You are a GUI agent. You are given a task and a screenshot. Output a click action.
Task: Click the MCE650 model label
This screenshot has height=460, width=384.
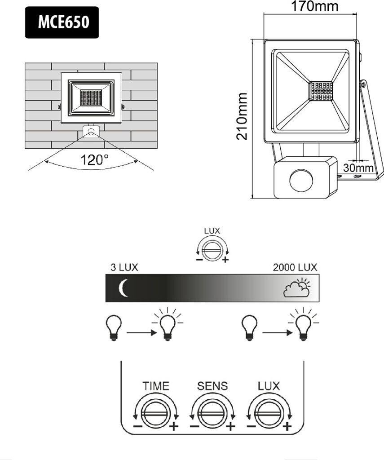click(x=63, y=22)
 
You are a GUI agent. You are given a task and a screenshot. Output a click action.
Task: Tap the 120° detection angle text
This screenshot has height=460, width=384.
click(x=94, y=160)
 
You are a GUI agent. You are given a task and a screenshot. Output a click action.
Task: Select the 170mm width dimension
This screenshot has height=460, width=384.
click(x=314, y=6)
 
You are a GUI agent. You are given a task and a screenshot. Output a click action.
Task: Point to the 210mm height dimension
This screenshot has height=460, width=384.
click(x=242, y=116)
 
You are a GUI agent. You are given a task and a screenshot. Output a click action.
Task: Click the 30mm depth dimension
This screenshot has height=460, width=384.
click(x=358, y=168)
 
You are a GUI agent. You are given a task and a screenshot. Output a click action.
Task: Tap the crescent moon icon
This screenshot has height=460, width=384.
click(x=123, y=288)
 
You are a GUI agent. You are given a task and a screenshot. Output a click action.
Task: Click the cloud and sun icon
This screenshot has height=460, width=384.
click(x=296, y=288)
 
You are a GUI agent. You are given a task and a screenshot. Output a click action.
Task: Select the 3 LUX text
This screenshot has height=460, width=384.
click(x=124, y=268)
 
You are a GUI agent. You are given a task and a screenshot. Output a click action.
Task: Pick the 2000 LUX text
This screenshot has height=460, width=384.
click(x=295, y=268)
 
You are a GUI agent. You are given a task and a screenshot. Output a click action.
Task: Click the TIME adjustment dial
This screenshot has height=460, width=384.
click(x=155, y=414)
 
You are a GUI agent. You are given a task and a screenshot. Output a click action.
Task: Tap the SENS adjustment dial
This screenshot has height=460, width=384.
click(x=212, y=414)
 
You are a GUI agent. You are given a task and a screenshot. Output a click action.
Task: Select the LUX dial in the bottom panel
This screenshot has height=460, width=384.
click(x=269, y=414)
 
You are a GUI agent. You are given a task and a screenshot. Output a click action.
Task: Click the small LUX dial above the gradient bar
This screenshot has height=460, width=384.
click(x=212, y=251)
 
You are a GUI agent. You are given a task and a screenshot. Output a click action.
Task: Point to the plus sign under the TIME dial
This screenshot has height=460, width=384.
click(x=174, y=426)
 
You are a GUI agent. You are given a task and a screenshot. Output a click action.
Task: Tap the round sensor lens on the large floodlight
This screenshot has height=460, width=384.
click(x=301, y=181)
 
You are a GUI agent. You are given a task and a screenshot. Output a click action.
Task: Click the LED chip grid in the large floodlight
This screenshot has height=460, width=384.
click(x=322, y=91)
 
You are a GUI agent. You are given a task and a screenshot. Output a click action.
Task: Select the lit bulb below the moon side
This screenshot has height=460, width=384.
click(x=168, y=324)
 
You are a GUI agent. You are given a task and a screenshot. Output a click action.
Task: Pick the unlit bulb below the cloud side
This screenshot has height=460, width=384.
click(x=249, y=328)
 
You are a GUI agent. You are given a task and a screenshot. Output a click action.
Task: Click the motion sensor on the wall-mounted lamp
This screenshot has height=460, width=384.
click(x=91, y=131)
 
